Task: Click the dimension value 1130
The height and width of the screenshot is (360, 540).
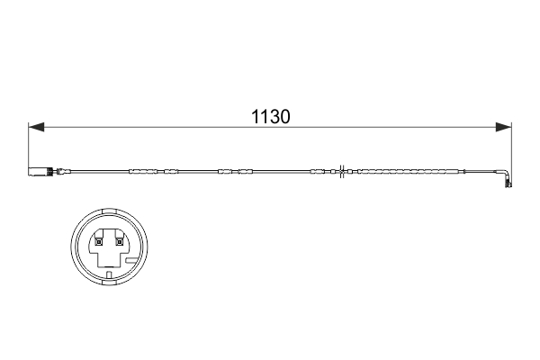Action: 272,117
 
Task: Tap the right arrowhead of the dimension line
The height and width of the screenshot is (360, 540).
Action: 505,128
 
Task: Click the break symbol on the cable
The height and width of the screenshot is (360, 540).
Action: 342,170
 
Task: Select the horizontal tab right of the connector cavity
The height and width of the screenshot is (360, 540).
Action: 133,258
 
